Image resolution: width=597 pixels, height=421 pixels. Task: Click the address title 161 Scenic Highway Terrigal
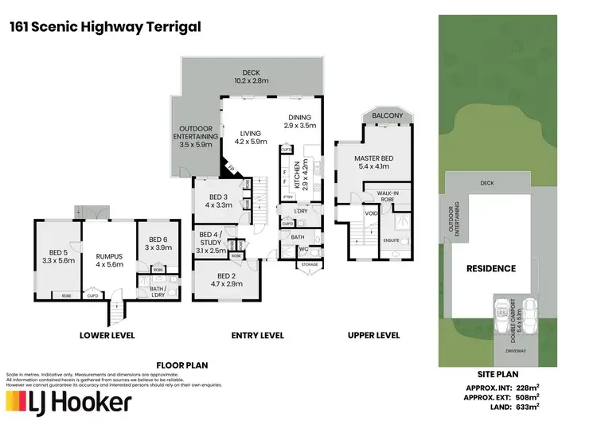(x=103, y=26)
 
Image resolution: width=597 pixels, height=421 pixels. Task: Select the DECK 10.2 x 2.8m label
(x=251, y=76)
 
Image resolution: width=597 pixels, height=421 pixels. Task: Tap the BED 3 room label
(x=219, y=201)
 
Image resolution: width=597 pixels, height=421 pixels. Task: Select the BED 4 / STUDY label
(x=212, y=242)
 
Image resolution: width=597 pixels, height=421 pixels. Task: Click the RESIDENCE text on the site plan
(x=490, y=268)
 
